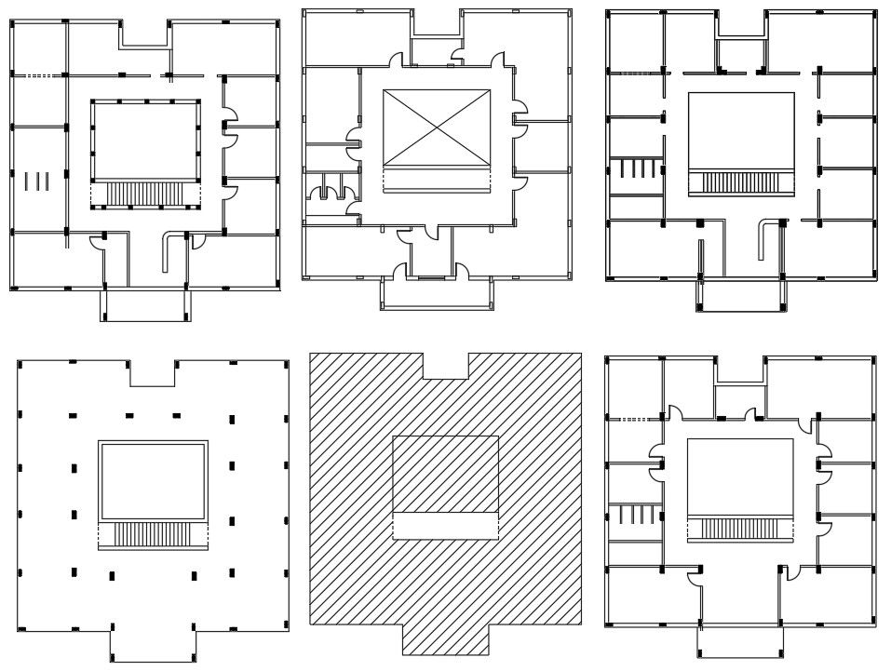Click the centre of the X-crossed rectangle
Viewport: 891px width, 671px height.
coord(437,127)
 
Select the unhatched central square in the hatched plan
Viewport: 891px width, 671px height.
coord(445,474)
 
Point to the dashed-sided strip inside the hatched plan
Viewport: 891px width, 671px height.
coord(445,526)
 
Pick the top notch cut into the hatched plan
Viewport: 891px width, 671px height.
coord(445,365)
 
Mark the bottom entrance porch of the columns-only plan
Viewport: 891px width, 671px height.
coord(152,643)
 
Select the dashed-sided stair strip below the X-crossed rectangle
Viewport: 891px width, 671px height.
coord(437,181)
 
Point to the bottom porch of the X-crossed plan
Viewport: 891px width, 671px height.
coord(436,293)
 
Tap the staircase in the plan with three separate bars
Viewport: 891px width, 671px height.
coord(146,193)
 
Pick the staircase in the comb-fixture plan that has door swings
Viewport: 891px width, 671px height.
coord(740,529)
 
